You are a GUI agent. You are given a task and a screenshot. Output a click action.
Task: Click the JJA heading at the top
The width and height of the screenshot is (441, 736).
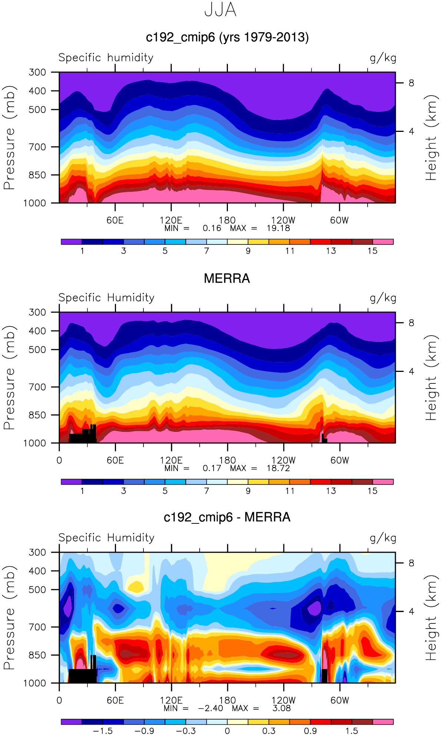click(x=220, y=10)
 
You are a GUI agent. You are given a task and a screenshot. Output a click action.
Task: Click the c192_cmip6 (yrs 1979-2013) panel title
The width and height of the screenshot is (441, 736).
click(x=227, y=37)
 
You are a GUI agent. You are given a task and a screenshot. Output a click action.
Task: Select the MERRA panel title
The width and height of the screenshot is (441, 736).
click(x=227, y=279)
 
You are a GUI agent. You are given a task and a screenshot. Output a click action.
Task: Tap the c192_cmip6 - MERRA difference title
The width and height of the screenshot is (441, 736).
click(x=227, y=517)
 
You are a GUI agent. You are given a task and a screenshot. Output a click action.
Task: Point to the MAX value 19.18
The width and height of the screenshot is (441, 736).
click(x=278, y=228)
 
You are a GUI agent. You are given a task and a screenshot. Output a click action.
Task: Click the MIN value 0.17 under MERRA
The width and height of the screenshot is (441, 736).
click(x=212, y=468)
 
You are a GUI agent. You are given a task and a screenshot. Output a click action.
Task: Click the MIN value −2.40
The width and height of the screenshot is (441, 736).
click(x=210, y=708)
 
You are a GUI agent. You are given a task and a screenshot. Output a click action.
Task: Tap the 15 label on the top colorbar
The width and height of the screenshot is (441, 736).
click(x=372, y=251)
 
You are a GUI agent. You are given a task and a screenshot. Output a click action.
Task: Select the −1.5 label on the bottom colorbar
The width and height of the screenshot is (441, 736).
click(x=103, y=731)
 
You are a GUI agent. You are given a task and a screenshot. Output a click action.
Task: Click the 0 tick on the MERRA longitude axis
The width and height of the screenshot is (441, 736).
click(x=59, y=460)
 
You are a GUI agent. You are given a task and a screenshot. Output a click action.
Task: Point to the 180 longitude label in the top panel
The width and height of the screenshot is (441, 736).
click(x=227, y=220)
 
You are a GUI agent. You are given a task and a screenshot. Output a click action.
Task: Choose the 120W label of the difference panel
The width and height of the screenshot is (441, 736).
click(x=283, y=700)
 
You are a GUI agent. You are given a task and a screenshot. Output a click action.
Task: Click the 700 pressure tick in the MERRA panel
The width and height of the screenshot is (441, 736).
click(x=37, y=387)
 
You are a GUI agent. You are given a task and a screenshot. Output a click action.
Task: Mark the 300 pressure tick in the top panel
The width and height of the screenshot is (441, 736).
click(x=37, y=72)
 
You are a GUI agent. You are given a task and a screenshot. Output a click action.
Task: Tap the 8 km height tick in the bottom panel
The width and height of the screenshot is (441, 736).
click(x=411, y=563)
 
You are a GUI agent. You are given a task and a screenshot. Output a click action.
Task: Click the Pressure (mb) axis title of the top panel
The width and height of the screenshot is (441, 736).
click(x=9, y=138)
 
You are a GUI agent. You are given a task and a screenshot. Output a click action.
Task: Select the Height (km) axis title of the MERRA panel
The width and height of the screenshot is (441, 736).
click(x=431, y=378)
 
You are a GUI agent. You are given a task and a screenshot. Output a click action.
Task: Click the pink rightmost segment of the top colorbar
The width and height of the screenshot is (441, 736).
click(x=383, y=242)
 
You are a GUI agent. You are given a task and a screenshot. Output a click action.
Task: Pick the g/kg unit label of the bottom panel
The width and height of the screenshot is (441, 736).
click(x=383, y=538)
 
